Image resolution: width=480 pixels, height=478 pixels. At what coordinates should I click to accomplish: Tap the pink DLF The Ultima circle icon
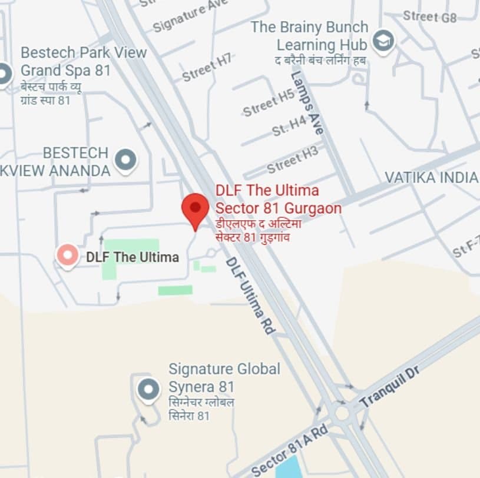[67, 256]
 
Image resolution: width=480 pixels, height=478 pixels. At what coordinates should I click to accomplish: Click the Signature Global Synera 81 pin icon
[148, 389]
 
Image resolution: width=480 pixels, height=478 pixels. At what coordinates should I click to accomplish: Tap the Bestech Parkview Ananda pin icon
[125, 160]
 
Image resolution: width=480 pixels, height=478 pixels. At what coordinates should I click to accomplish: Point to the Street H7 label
[207, 68]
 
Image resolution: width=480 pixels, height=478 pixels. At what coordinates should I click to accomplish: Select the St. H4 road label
[290, 126]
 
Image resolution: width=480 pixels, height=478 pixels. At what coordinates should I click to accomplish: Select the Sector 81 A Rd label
[289, 450]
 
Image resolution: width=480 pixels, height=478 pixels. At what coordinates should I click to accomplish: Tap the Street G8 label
[429, 16]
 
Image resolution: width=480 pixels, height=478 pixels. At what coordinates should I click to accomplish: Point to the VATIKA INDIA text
[431, 177]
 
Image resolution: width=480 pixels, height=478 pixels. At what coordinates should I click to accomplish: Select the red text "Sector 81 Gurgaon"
[278, 208]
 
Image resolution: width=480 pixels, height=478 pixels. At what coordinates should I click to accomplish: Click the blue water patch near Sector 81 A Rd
[287, 469]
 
